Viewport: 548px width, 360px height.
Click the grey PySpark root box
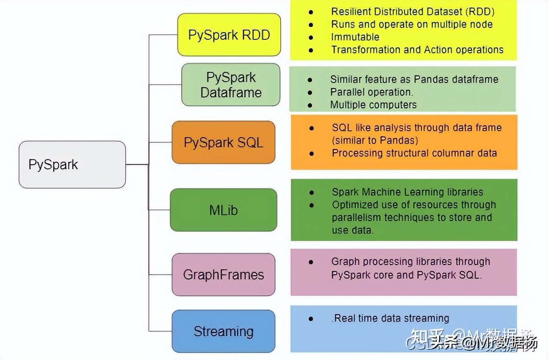point(72,164)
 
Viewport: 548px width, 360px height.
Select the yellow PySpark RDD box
point(229,35)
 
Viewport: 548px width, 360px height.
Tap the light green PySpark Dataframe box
point(231,85)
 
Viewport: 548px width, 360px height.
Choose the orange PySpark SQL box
point(223,142)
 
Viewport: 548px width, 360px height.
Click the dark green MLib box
point(223,210)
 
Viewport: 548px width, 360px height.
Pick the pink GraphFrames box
point(223,274)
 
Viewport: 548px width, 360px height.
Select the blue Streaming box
point(223,331)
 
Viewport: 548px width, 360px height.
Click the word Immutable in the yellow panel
point(355,37)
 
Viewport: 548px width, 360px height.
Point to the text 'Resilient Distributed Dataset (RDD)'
point(412,11)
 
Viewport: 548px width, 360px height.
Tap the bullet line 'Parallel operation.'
point(371,92)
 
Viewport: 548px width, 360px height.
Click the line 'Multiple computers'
point(373,105)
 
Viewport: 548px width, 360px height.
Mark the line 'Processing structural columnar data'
point(414,153)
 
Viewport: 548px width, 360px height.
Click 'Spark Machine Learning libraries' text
point(407,192)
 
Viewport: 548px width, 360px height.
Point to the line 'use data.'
point(353,230)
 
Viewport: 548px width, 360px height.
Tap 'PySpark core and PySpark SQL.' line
point(406,275)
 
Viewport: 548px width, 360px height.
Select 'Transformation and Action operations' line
point(417,50)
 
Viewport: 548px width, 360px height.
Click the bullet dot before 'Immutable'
point(311,37)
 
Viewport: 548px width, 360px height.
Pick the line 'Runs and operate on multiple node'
point(412,24)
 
